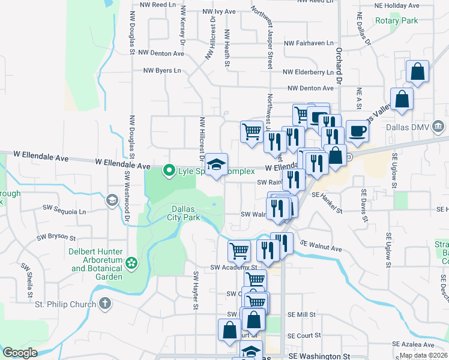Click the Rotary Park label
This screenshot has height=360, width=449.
click(396, 20)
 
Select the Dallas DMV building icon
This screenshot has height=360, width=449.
click(438, 127)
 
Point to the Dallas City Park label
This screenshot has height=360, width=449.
click(183, 213)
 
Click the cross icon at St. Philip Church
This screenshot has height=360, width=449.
click(104, 304)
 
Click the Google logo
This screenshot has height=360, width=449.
click(20, 353)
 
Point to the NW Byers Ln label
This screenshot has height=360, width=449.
click(161, 70)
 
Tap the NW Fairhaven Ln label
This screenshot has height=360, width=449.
click(308, 43)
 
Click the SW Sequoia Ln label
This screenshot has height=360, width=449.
click(64, 211)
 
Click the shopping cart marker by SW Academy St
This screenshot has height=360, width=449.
click(238, 250)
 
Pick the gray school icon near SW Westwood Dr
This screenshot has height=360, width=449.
click(112, 200)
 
